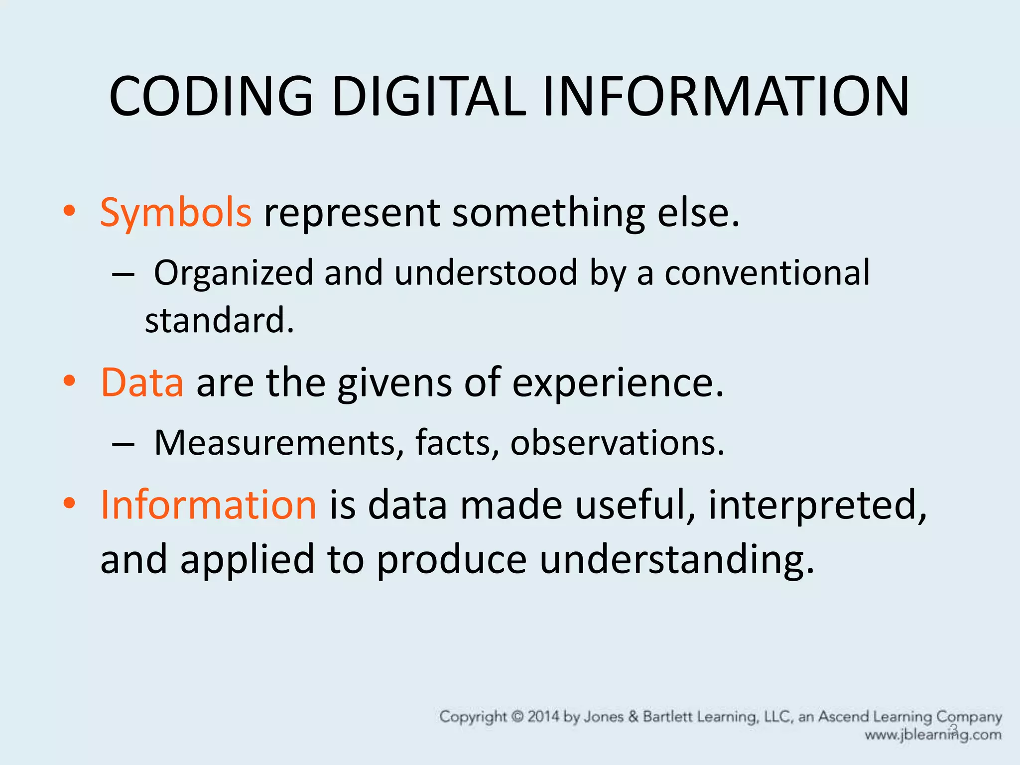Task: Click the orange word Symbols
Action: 176,213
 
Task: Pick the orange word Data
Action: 142,382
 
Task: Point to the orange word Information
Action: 208,505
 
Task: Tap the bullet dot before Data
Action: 69,381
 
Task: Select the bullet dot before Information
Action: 69,503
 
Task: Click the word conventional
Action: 767,273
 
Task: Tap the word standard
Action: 219,320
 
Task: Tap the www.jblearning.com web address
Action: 933,735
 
